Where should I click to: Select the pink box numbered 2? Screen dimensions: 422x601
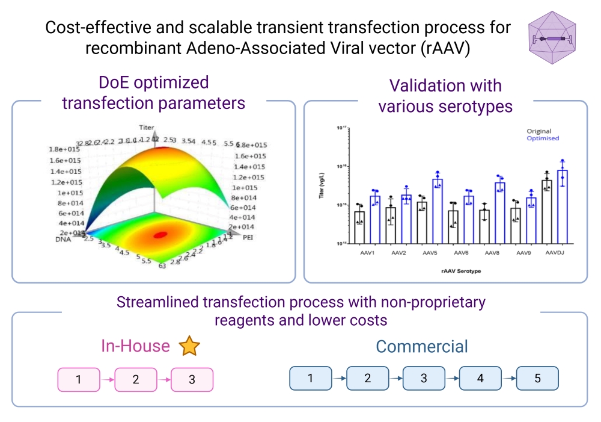coord(135,380)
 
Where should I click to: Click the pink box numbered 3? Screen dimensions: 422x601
coord(192,380)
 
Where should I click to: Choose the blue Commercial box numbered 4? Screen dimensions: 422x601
coord(480,378)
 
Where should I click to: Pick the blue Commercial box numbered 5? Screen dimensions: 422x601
coord(537,378)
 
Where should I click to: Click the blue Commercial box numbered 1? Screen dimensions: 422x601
coord(310,378)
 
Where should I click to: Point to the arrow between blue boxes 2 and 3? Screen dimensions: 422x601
coord(395,379)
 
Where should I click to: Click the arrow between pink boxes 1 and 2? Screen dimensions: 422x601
coord(107,380)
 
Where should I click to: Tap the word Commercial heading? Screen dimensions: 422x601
coord(422,347)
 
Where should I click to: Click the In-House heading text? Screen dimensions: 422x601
coord(135,346)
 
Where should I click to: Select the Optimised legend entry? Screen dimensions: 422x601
coord(542,138)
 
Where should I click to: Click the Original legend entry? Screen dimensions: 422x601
coord(538,131)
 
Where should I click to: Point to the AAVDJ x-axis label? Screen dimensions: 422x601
coord(556,252)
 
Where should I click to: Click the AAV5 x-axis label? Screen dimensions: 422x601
coord(430,252)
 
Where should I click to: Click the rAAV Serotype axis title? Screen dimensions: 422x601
coord(461,272)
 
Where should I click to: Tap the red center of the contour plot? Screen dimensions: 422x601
coord(160,235)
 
